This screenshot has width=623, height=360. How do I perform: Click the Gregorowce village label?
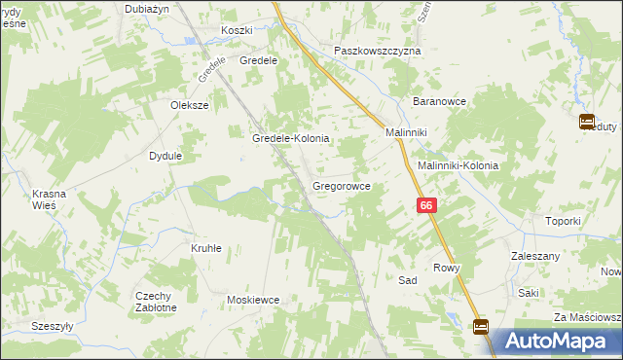click(341, 184)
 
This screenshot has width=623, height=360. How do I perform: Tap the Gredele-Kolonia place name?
click(291, 139)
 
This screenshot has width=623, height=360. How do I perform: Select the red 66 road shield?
click(426, 205)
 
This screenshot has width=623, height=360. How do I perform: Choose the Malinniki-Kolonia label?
click(458, 165)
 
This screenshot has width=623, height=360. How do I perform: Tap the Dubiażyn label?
click(148, 8)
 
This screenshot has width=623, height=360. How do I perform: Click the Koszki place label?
click(237, 31)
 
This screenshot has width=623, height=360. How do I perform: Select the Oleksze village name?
click(190, 105)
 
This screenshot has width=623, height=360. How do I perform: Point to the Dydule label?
click(165, 156)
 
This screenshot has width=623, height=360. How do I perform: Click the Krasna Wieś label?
click(49, 199)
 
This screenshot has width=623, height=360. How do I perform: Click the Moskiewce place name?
click(253, 300)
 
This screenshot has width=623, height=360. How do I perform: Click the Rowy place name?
click(446, 268)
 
